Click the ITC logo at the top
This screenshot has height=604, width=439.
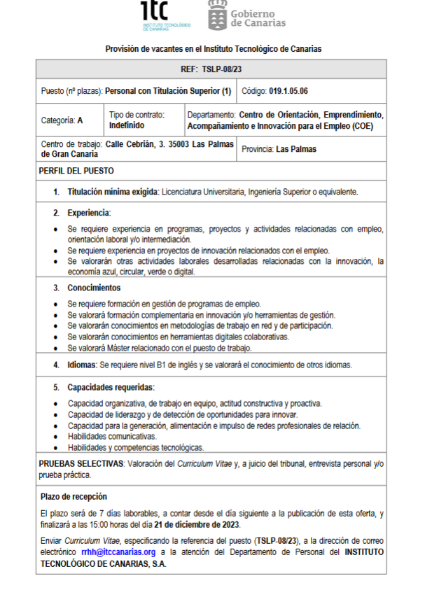pos(165,15)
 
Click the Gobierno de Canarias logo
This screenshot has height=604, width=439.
pos(247,16)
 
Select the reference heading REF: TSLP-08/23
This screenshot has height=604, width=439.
pos(211,69)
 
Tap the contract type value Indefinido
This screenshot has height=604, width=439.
pos(127,125)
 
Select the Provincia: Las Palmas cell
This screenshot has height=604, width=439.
pos(279,149)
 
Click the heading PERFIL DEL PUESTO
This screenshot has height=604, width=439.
pos(76,171)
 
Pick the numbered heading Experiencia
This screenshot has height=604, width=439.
pos(89,212)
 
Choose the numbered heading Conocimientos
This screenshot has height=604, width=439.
pos(94,288)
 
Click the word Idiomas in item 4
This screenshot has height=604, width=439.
pos(82,365)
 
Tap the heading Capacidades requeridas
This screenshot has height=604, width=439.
pos(111,387)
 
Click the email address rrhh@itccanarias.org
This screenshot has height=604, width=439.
pos(118,552)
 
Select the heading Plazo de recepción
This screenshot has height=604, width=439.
pos(74,496)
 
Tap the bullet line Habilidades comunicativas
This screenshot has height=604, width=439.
pos(112,436)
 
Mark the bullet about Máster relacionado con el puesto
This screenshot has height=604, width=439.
pos(159,348)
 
